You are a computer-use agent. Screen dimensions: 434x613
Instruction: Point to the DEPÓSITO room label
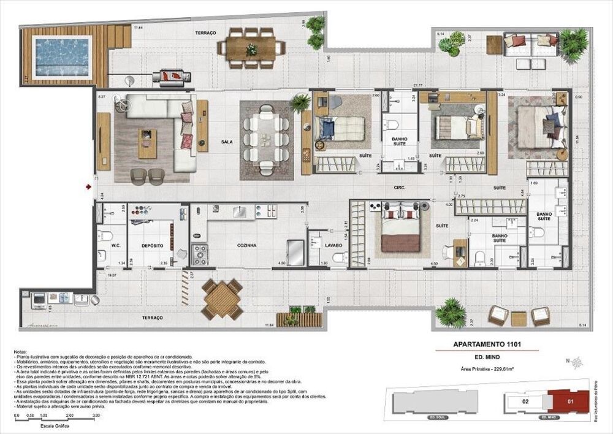152,245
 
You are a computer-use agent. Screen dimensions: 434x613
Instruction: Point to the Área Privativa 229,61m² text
487,370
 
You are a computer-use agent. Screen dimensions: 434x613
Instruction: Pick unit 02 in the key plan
525,402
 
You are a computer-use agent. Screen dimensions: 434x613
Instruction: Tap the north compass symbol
577,362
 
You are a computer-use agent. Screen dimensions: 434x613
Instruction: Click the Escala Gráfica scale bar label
54,425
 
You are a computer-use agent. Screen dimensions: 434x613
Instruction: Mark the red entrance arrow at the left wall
89,185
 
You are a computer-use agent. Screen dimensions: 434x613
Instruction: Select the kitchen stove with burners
200,253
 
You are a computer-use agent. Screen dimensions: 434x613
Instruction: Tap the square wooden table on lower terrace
222,299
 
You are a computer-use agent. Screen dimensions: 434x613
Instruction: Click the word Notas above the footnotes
21,352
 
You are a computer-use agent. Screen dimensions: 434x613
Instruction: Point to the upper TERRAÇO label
205,32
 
